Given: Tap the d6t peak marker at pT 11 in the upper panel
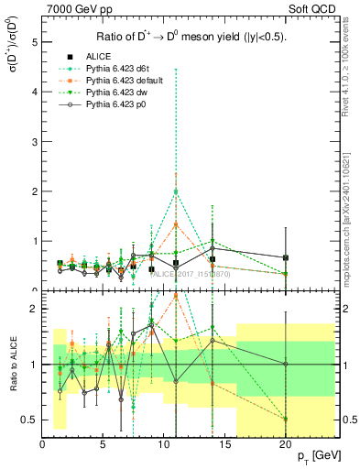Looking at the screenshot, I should tap(176, 191).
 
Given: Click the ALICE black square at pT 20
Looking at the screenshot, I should tap(286, 258).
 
